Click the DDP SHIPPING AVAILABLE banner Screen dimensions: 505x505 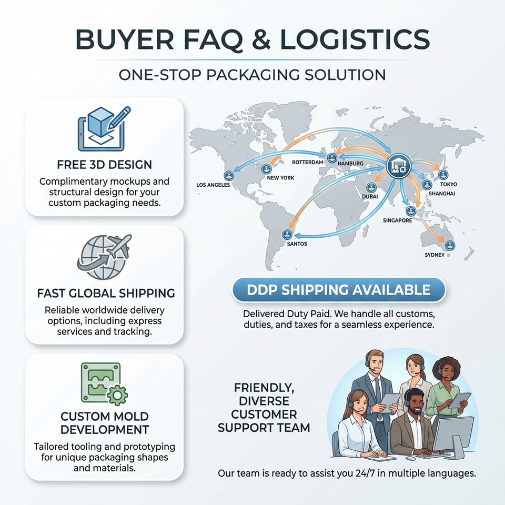pos(339,289)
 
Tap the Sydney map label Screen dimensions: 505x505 pos(435,255)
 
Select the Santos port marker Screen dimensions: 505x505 pos(287,235)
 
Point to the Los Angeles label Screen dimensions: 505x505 pos(213,185)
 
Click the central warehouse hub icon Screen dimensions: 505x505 pos(398,166)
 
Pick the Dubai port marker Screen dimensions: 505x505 pos(371,187)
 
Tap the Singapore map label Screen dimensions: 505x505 pos(398,220)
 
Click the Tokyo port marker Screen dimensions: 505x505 pos(443,175)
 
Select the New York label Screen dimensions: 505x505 pos(280,178)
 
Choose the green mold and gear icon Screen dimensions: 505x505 pos(104,384)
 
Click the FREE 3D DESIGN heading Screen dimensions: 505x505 pos(104,165)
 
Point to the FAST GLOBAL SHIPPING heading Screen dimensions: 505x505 pos(106,293)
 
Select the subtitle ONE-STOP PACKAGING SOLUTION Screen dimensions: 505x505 pos(252,75)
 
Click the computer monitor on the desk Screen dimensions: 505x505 pos(453,436)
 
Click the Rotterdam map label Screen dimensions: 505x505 pos(307,162)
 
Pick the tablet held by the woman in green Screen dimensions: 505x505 pos(460,400)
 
